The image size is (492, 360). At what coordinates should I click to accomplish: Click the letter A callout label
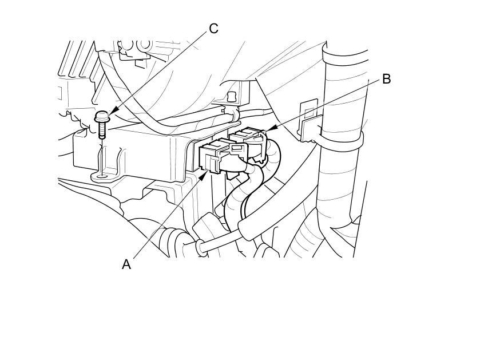(126, 264)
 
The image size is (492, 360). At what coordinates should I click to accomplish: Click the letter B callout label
(386, 79)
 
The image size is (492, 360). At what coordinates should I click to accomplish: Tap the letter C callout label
(213, 29)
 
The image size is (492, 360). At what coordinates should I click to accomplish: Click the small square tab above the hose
(231, 96)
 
